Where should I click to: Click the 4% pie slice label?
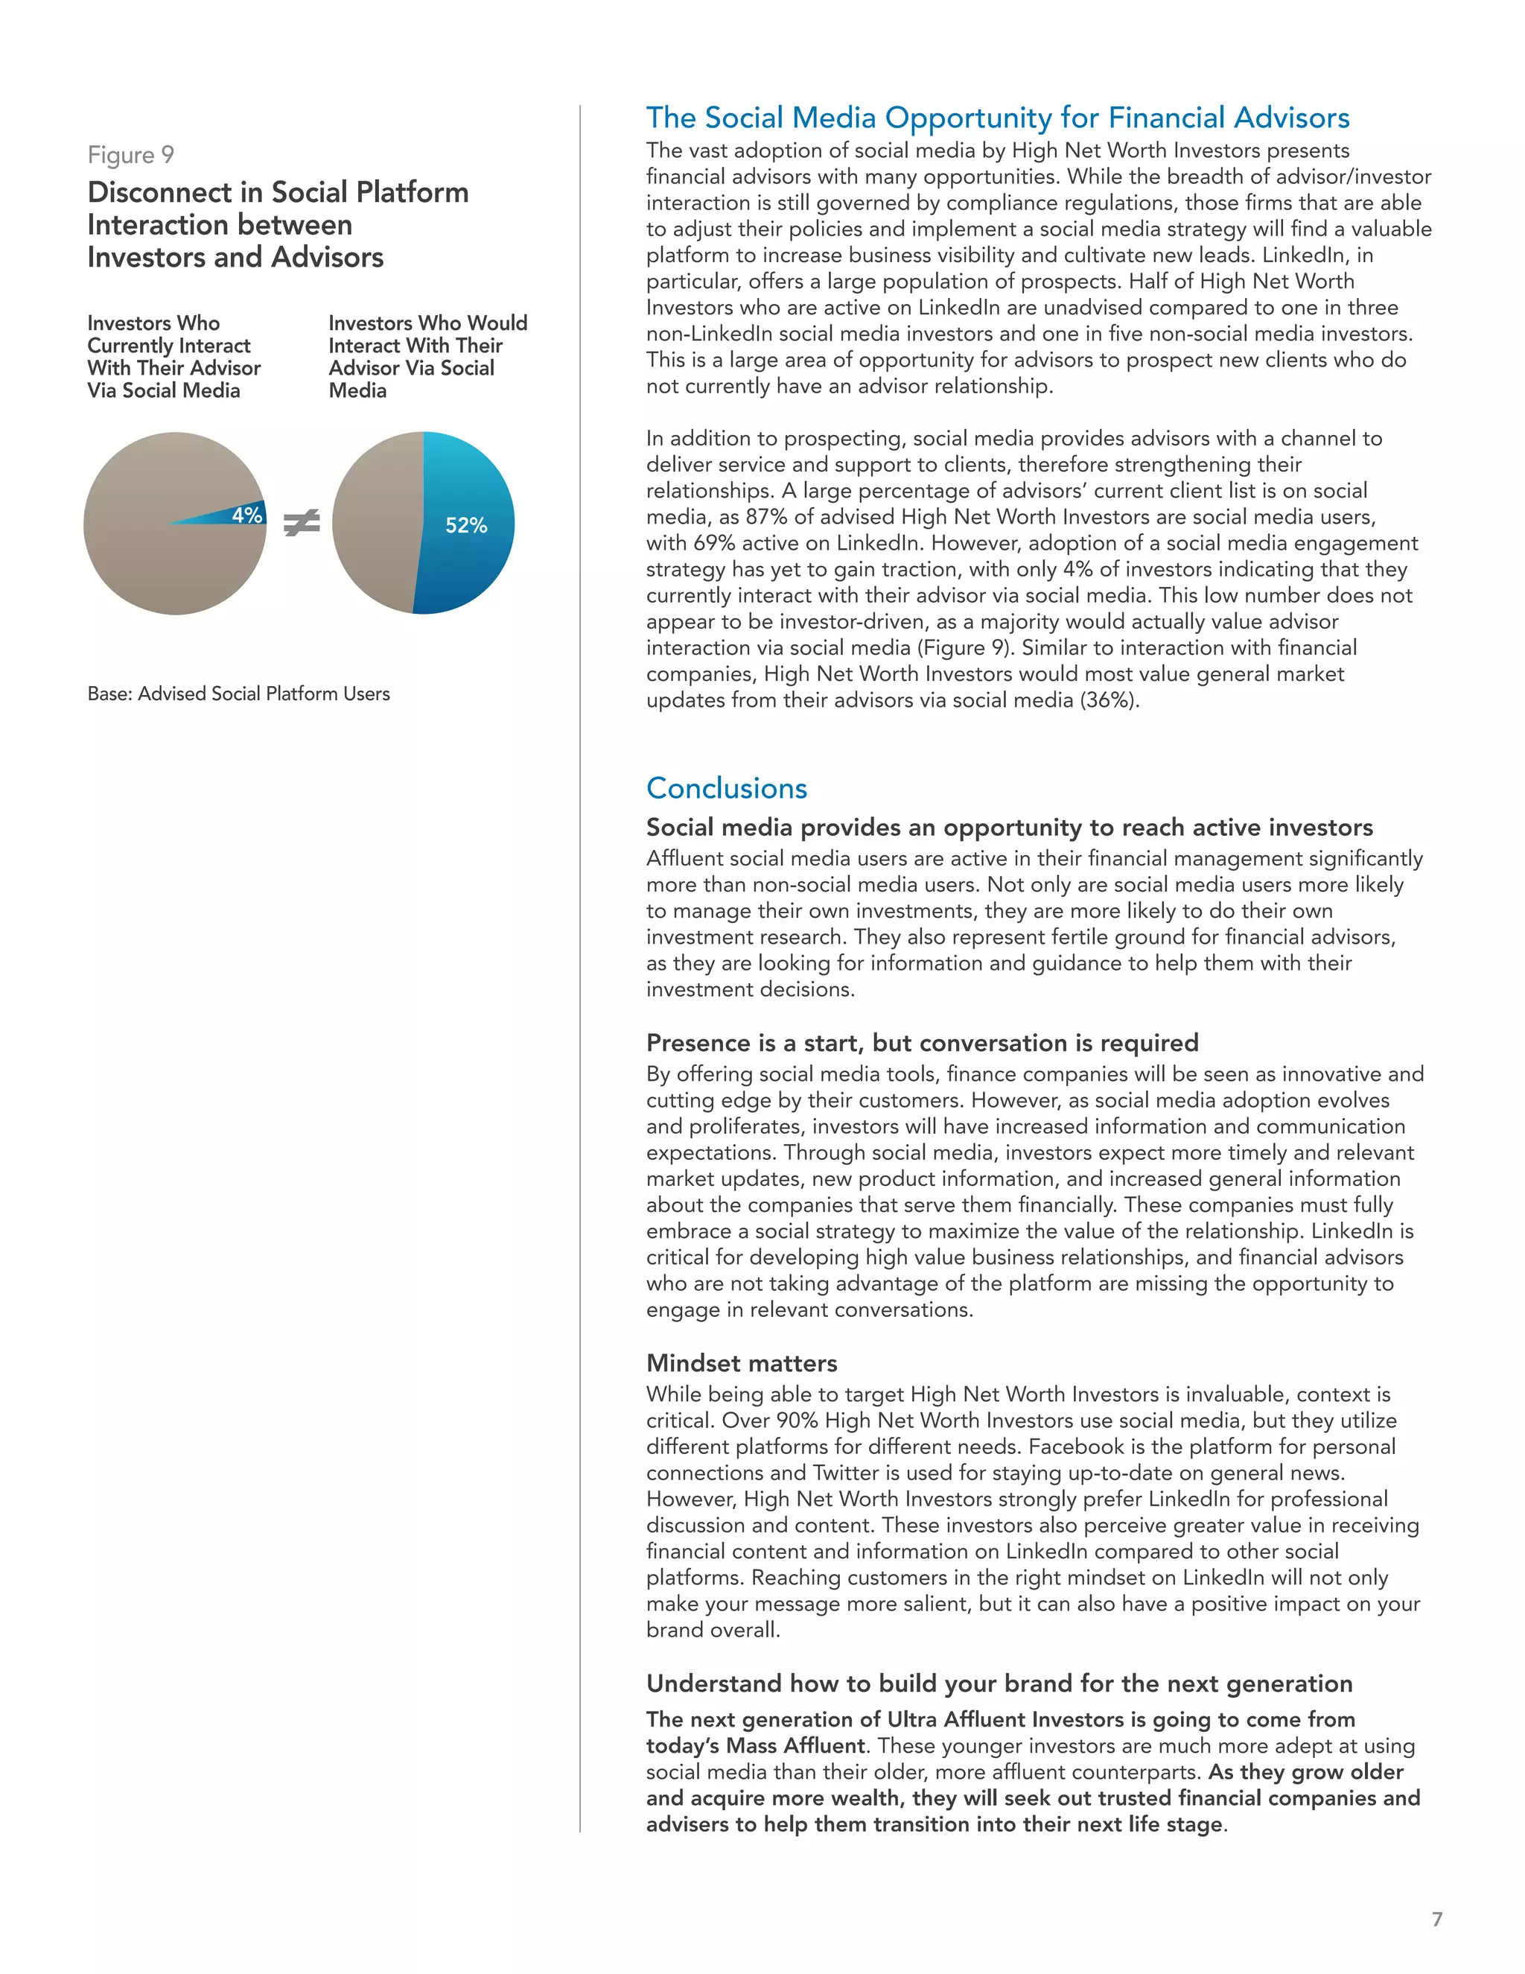(246, 515)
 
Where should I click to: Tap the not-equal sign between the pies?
(302, 522)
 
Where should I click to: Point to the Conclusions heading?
(726, 788)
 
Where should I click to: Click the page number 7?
(1437, 1918)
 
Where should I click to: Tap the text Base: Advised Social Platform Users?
(238, 694)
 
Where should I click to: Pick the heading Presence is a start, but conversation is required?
(923, 1042)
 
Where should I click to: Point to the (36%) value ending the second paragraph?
(1109, 699)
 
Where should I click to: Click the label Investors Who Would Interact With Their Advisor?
(427, 356)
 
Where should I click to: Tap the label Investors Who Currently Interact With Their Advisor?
(173, 356)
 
